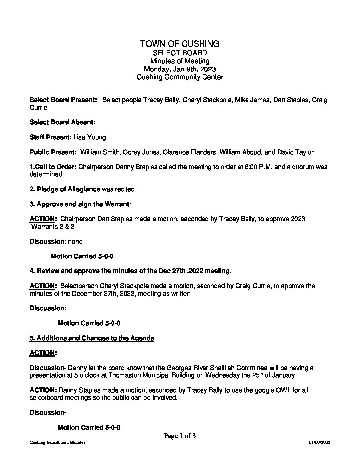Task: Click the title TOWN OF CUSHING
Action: [x=180, y=44]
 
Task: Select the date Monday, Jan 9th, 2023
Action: [x=180, y=69]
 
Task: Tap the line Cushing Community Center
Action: [x=180, y=77]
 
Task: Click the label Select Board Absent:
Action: [x=63, y=122]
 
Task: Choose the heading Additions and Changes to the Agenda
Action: [x=95, y=338]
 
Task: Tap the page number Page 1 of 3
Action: [x=180, y=436]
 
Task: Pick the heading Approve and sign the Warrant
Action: [x=83, y=204]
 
